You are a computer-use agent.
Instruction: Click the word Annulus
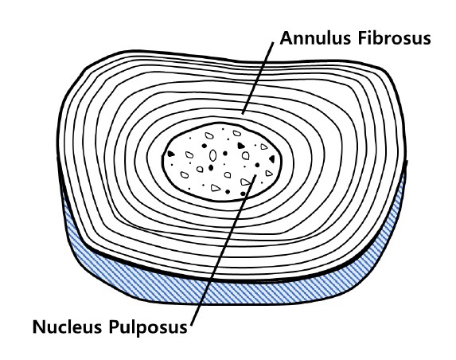(x=314, y=38)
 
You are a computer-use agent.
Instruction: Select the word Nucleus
(x=67, y=327)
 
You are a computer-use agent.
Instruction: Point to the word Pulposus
(x=148, y=327)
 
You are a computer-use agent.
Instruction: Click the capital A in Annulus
(x=286, y=38)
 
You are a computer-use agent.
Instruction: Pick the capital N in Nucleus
(x=38, y=327)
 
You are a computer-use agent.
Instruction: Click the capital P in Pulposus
(x=114, y=327)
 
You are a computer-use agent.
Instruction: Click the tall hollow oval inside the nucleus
(x=212, y=155)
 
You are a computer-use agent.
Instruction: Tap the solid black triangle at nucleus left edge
(x=171, y=154)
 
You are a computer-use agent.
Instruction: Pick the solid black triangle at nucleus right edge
(x=272, y=159)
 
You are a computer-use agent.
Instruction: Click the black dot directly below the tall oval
(x=211, y=167)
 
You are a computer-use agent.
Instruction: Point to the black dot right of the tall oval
(x=224, y=154)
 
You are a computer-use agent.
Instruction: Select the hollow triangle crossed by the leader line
(x=245, y=182)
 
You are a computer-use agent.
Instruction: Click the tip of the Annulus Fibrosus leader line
(x=243, y=114)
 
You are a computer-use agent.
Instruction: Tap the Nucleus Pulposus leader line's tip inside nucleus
(x=255, y=175)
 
